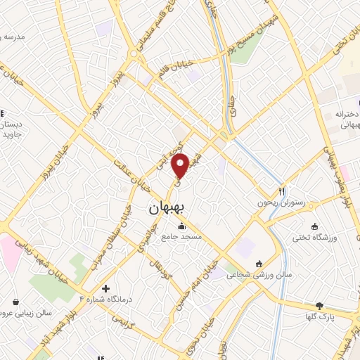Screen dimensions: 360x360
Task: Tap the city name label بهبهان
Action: [x=166, y=209]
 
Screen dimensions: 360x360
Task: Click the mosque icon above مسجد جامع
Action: [x=182, y=226]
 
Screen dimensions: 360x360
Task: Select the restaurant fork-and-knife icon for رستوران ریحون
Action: [x=282, y=191]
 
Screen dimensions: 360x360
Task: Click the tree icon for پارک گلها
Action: [x=320, y=306]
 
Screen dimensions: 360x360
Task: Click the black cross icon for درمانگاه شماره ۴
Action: [x=105, y=288]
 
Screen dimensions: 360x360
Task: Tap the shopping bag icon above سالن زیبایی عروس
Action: [x=15, y=302]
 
